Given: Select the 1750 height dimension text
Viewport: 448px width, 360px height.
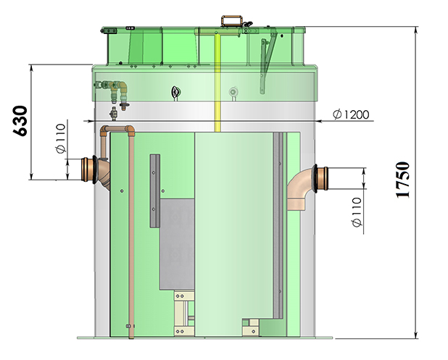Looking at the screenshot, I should tap(403, 180).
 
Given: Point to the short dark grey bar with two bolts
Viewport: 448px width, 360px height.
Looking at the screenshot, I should tap(154, 191).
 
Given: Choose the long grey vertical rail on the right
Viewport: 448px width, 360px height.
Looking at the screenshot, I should tap(278, 225).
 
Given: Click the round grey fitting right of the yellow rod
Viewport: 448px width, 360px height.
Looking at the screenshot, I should tap(233, 92).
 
